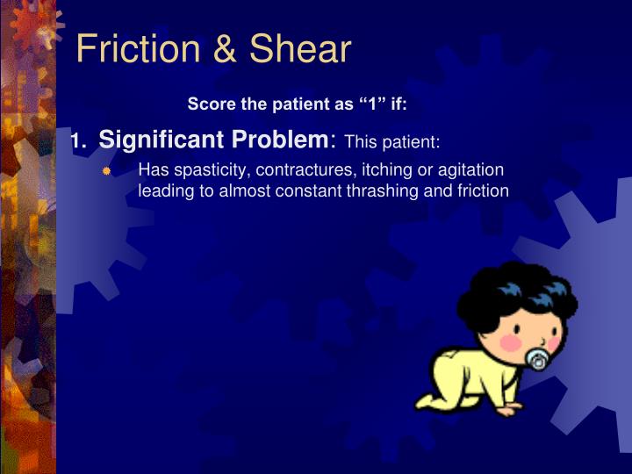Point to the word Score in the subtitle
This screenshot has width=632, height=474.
click(207, 104)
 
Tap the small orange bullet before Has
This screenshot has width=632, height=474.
click(106, 170)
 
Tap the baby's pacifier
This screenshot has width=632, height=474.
click(536, 360)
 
